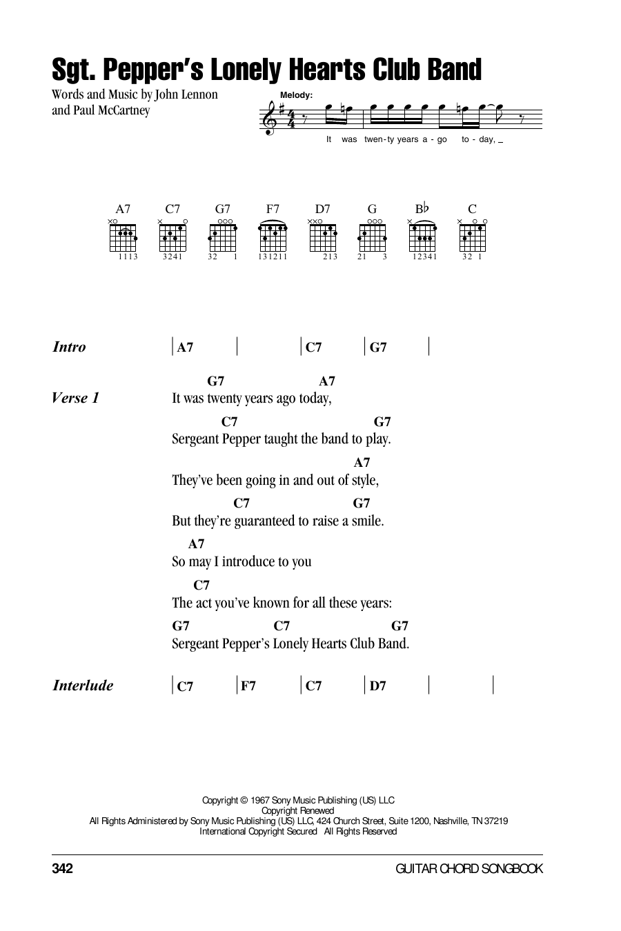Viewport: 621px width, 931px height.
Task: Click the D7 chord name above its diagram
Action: pyautogui.click(x=322, y=209)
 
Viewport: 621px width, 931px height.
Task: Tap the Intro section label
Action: pyautogui.click(x=69, y=347)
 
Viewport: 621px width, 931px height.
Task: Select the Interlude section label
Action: pyautogui.click(x=83, y=685)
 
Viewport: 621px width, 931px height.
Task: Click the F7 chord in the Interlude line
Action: pyautogui.click(x=248, y=686)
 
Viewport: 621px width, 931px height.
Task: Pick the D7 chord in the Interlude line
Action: pyautogui.click(x=377, y=686)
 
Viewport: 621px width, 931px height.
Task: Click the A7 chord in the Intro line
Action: pyautogui.click(x=184, y=348)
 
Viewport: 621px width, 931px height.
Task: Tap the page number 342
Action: pyautogui.click(x=62, y=869)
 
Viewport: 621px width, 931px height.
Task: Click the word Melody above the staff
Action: pyautogui.click(x=297, y=95)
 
